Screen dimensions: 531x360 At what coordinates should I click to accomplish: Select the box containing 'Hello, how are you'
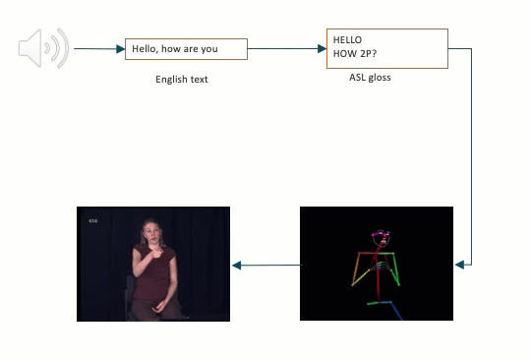pyautogui.click(x=186, y=49)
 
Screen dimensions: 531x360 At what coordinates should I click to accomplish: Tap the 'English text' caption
pyautogui.click(x=182, y=80)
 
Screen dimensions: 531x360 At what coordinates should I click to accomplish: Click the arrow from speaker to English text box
pyautogui.click(x=98, y=48)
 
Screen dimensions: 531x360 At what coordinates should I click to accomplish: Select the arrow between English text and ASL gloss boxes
pyautogui.click(x=286, y=48)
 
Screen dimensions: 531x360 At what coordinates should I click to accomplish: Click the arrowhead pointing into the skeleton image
pyautogui.click(x=459, y=264)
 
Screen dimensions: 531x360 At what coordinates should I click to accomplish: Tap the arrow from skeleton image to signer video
pyautogui.click(x=265, y=264)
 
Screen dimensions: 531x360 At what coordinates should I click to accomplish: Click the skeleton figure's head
pyautogui.click(x=381, y=238)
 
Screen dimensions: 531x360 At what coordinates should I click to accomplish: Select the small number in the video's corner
pyautogui.click(x=93, y=220)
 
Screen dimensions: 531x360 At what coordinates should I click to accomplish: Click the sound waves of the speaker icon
pyautogui.click(x=61, y=48)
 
